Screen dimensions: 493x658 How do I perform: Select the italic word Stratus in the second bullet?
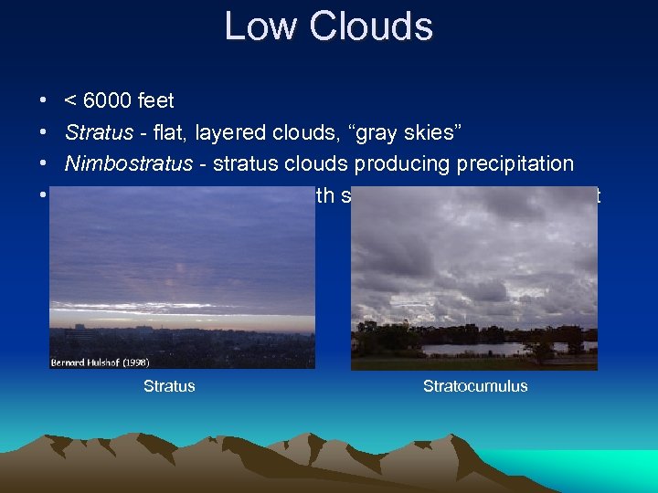pyautogui.click(x=99, y=132)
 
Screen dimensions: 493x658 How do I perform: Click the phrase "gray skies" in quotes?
pyautogui.click(x=416, y=132)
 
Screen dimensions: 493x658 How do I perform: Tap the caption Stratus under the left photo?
pyautogui.click(x=169, y=386)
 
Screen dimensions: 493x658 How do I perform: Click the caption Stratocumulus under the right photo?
pyautogui.click(x=475, y=386)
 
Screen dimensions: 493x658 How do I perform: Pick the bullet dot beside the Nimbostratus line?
pyautogui.click(x=44, y=164)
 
